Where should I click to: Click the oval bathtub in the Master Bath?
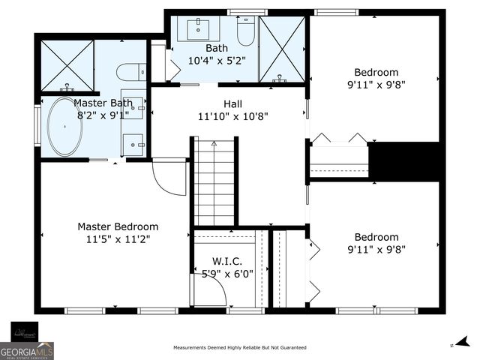click(65, 127)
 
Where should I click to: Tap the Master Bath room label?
click(103, 103)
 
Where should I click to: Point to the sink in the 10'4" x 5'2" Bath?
click(202, 30)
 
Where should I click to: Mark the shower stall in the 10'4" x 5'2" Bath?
click(282, 49)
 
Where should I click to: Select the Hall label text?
click(232, 103)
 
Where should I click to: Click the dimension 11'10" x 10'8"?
click(232, 116)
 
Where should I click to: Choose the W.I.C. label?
click(226, 261)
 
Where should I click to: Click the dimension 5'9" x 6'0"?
click(226, 274)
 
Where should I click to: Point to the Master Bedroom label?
click(118, 226)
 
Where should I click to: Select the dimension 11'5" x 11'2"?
click(118, 239)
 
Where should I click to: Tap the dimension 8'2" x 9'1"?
click(103, 115)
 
